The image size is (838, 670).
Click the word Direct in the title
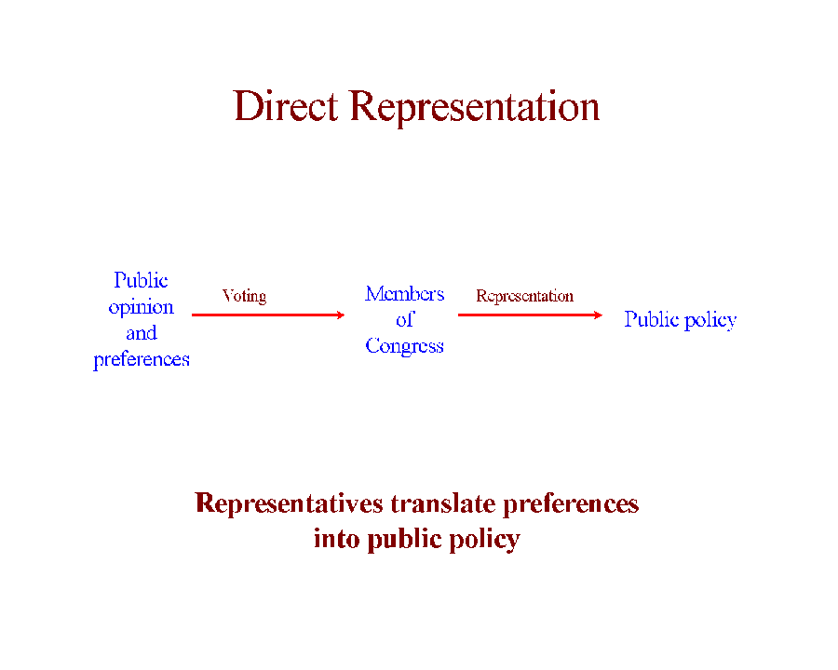pyautogui.click(x=286, y=106)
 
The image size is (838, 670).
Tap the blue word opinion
pyautogui.click(x=142, y=308)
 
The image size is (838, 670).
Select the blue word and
pyautogui.click(x=142, y=333)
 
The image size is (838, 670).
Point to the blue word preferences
pyautogui.click(x=142, y=360)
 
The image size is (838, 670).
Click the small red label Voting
pyautogui.click(x=244, y=296)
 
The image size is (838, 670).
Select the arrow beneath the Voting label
pyautogui.click(x=268, y=315)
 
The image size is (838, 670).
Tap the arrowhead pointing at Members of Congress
pyautogui.click(x=341, y=315)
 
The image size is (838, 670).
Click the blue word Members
pyautogui.click(x=405, y=294)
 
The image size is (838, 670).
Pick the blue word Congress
pyautogui.click(x=405, y=346)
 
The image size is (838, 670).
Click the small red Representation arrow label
pyautogui.click(x=525, y=297)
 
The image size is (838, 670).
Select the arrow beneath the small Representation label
pyautogui.click(x=530, y=315)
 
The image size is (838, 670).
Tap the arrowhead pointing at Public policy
pyautogui.click(x=599, y=315)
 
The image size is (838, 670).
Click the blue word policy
pyautogui.click(x=710, y=320)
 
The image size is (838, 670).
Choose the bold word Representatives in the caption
pyautogui.click(x=290, y=503)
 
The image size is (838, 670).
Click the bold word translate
pyautogui.click(x=443, y=503)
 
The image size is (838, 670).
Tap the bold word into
pyautogui.click(x=337, y=539)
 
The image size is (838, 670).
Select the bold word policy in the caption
pyautogui.click(x=484, y=540)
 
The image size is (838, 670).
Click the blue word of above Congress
pyautogui.click(x=405, y=319)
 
